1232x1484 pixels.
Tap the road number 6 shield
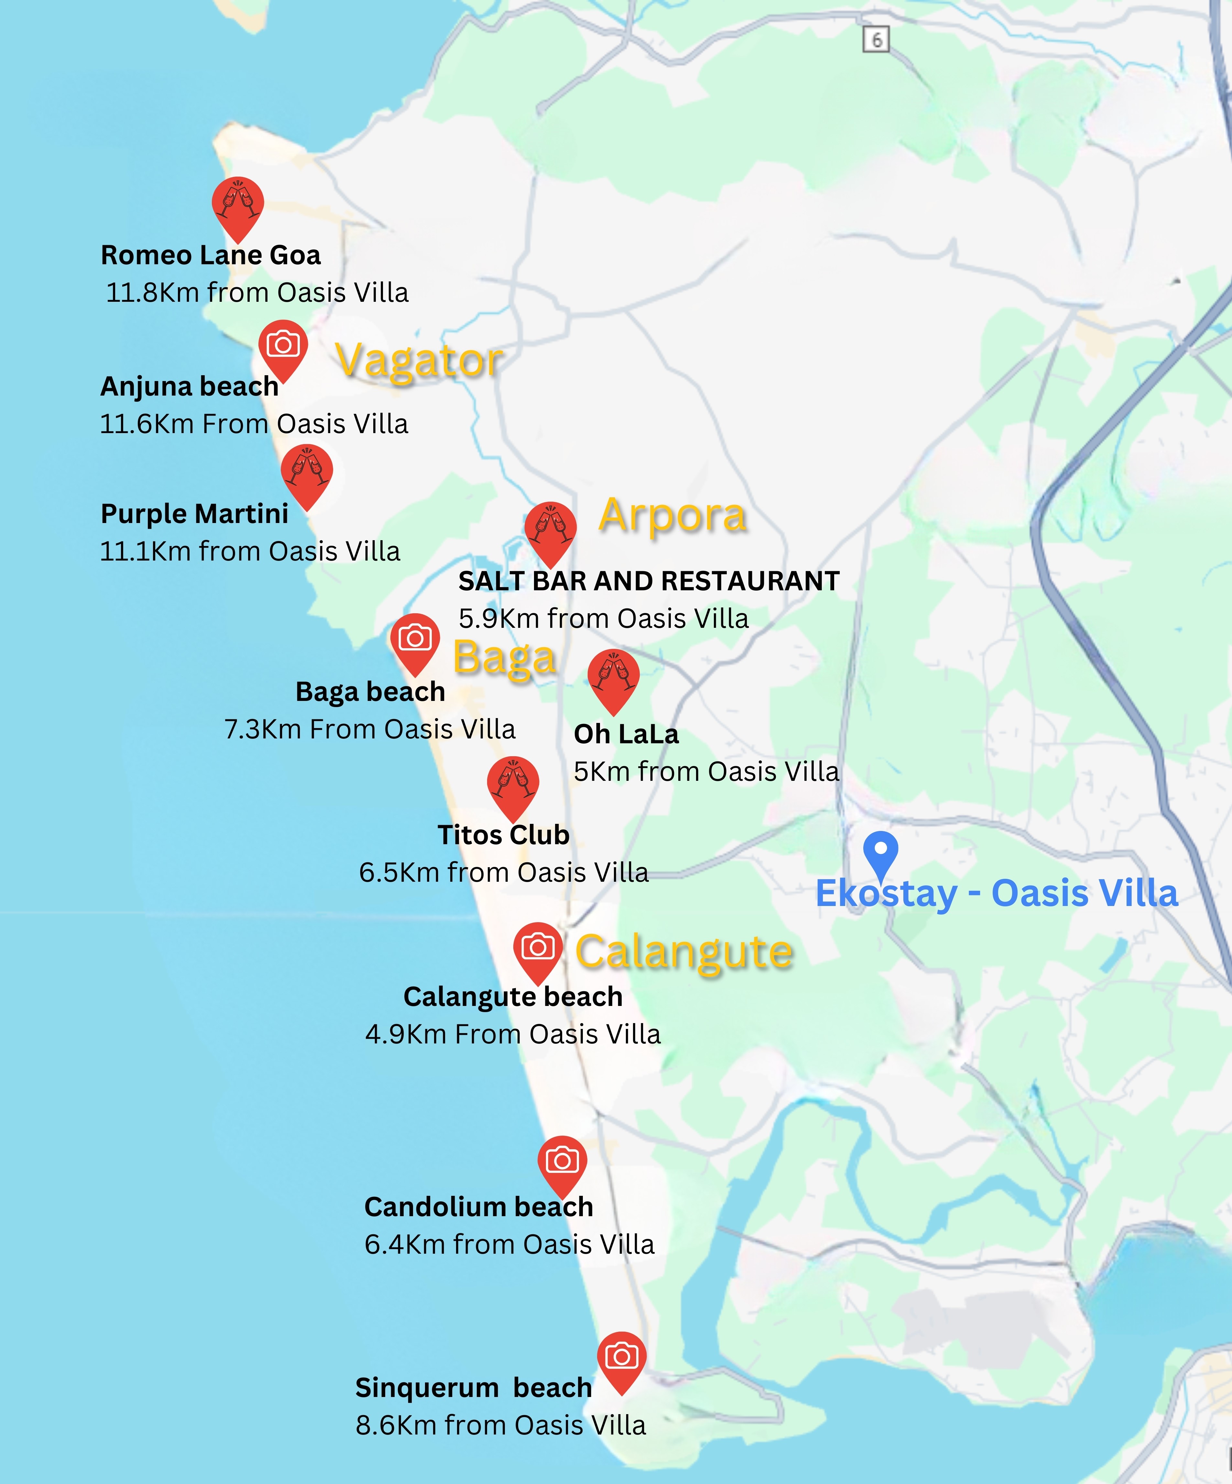click(x=876, y=39)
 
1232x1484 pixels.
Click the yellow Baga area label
click(x=504, y=658)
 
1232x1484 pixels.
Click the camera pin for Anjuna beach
click(x=283, y=346)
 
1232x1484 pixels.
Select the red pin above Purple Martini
click(x=307, y=471)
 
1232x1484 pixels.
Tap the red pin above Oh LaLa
click(x=614, y=676)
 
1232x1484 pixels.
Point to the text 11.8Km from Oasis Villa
click(x=257, y=292)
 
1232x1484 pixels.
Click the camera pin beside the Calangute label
click(x=538, y=948)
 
